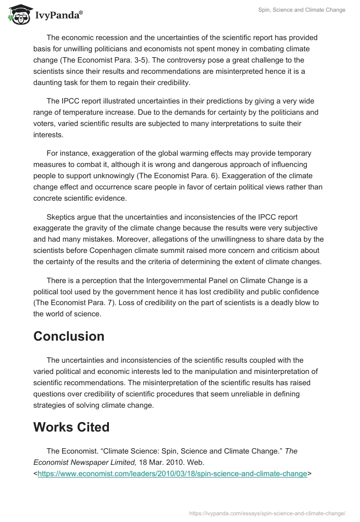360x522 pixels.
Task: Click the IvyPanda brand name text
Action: (58, 15)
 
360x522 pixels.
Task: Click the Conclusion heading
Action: (69, 336)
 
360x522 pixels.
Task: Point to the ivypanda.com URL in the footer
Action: (267, 513)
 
